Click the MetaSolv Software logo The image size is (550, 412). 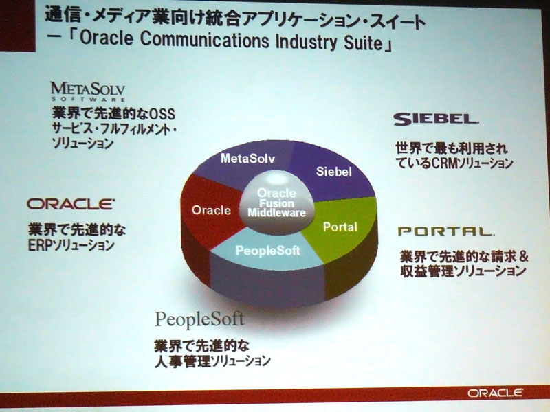click(x=88, y=91)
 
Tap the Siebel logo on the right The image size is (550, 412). click(x=436, y=119)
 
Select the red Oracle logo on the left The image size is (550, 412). click(x=71, y=204)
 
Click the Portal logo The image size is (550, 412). click(x=445, y=231)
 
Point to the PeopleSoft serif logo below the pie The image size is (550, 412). click(x=199, y=319)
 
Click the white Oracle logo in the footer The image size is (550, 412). click(x=495, y=393)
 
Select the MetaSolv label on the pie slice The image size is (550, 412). click(x=247, y=159)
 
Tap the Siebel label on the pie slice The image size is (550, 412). click(x=333, y=171)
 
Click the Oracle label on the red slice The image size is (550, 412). click(x=211, y=210)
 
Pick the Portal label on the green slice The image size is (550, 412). click(x=340, y=227)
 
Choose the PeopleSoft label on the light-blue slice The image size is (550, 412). click(x=268, y=251)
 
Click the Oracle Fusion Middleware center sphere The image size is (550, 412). click(x=276, y=203)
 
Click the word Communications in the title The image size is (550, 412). click(x=204, y=39)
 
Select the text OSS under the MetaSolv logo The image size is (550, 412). click(x=162, y=114)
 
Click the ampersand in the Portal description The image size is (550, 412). click(x=524, y=257)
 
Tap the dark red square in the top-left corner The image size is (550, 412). click(x=18, y=25)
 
